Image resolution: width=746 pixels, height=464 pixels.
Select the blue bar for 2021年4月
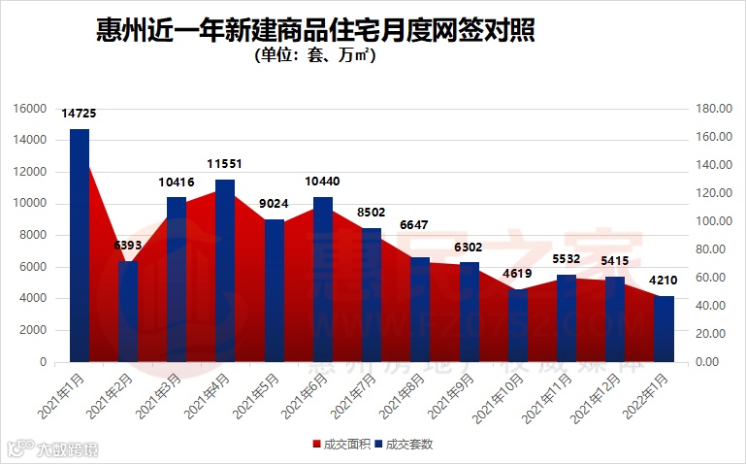pyautogui.click(x=225, y=271)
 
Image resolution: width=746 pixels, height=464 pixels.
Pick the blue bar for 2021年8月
pyautogui.click(x=420, y=310)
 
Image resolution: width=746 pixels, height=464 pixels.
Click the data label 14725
pyautogui.click(x=79, y=115)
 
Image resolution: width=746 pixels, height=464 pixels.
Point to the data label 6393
pyautogui.click(x=127, y=247)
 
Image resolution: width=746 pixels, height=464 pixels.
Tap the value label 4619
pyautogui.click(x=518, y=275)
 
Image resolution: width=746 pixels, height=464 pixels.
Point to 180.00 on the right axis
pyautogui.click(x=713, y=109)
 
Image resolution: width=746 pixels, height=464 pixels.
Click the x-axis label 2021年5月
pyautogui.click(x=257, y=396)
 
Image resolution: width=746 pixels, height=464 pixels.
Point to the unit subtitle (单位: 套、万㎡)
pyautogui.click(x=315, y=56)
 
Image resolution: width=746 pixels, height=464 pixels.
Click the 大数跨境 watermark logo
pyautogui.click(x=52, y=448)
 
